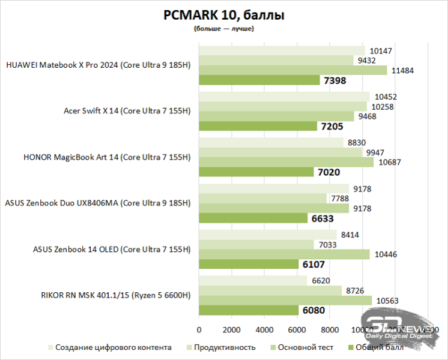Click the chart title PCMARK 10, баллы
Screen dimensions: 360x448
[x=223, y=16]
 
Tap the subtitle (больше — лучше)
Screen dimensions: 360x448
[x=223, y=29]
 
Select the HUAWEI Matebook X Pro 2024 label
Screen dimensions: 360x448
[x=98, y=65]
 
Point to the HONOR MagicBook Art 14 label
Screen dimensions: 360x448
[x=106, y=157]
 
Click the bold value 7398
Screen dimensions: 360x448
[x=334, y=80]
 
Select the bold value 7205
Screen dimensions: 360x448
[x=331, y=127]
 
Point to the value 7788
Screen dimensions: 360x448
[x=339, y=198]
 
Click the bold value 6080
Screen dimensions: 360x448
[x=313, y=311]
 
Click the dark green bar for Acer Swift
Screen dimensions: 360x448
[x=258, y=126]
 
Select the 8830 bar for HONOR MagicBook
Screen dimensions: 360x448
[x=271, y=142]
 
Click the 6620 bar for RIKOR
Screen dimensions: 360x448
[x=253, y=280]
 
